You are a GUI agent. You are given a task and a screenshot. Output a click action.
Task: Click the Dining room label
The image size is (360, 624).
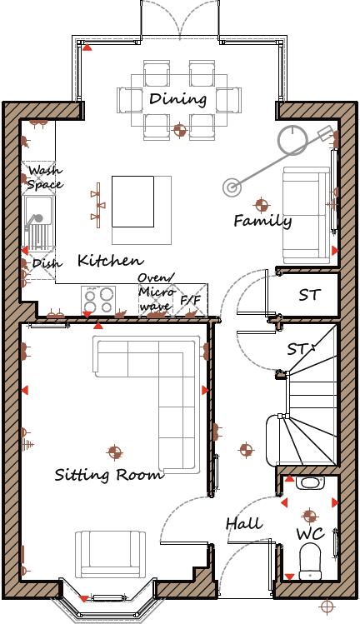(177, 99)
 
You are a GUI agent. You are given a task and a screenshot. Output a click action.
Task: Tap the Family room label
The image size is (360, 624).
(262, 222)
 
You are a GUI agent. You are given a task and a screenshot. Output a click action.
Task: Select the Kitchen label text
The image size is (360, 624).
(109, 261)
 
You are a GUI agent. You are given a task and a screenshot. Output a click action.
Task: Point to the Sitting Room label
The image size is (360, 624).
(108, 476)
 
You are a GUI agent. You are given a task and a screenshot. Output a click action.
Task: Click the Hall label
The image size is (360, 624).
(244, 524)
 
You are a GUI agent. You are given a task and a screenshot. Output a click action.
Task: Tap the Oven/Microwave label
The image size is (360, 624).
(157, 292)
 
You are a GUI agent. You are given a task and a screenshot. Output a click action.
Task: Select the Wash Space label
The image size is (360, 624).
(44, 177)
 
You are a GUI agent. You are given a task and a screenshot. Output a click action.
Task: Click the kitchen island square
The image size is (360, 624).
(133, 201)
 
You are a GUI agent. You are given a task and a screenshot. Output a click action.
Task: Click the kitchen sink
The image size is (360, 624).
(38, 222)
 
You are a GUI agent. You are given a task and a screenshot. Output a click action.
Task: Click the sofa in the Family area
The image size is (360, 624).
(306, 215)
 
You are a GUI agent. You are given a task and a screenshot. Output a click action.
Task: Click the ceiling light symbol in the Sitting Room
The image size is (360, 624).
(114, 452)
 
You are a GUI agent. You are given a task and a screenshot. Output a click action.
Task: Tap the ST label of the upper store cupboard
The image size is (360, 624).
(309, 295)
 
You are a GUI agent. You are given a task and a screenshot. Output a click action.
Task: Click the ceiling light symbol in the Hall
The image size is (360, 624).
(246, 450)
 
